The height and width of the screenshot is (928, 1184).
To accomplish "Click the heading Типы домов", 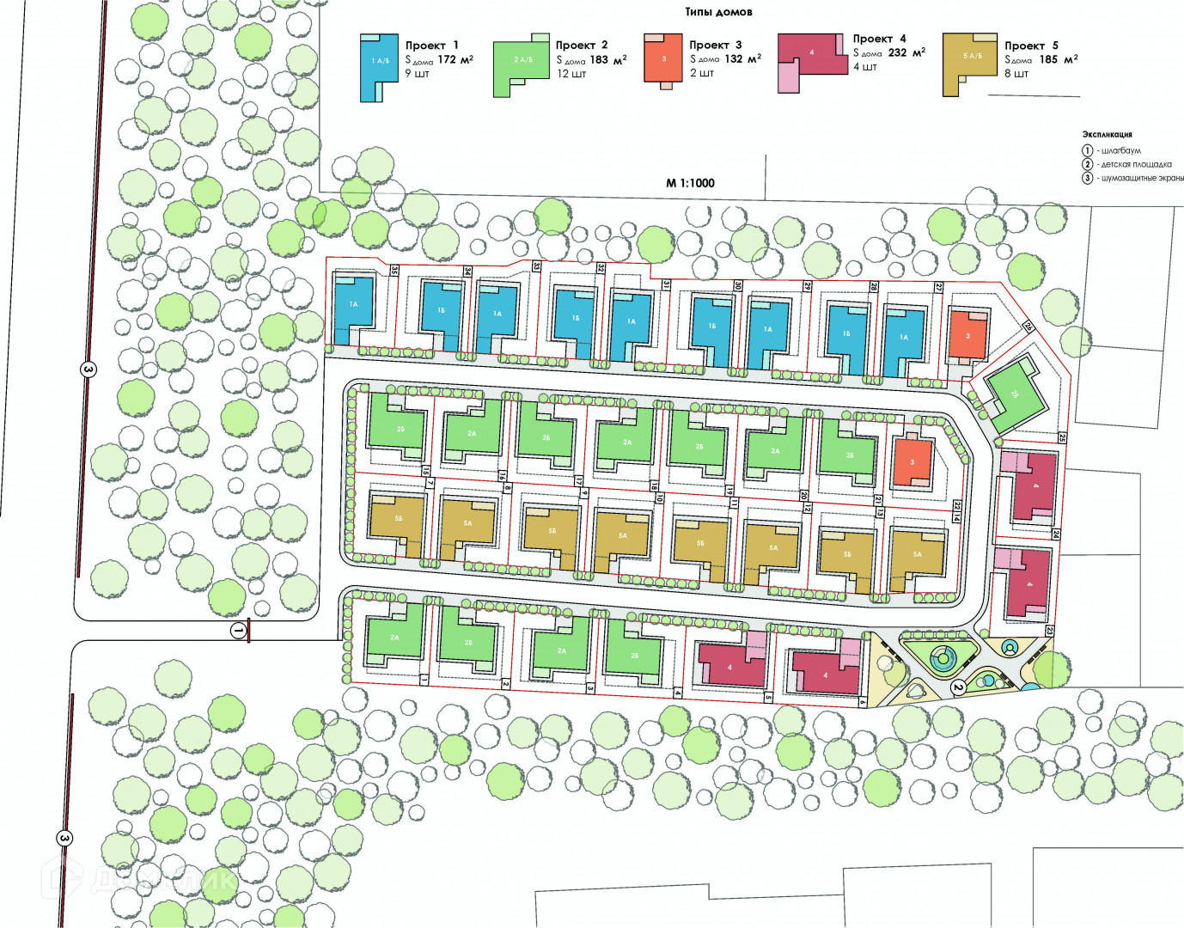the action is pos(718,12).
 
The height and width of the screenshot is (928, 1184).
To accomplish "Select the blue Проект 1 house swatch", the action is pos(380,67).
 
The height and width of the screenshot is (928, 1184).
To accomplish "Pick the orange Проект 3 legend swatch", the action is pos(663,58).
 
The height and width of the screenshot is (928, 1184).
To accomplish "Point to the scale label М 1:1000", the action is pos(690,183).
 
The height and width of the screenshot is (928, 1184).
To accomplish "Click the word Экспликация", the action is pos(1107,135).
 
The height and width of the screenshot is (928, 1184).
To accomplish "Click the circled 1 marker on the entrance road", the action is pos(238,632).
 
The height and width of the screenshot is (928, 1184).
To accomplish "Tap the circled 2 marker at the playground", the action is pos(957,687).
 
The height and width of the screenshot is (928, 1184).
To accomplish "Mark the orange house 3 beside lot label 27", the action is pos(967,336).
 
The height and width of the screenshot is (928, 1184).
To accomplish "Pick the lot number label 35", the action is pos(394,270).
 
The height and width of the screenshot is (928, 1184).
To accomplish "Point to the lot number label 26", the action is pos(1028,327).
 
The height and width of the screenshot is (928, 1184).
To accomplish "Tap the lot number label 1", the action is pos(424,679).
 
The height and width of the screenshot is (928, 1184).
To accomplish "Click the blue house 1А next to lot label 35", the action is pos(353,303).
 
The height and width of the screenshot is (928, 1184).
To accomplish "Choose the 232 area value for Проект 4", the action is pos(897,52).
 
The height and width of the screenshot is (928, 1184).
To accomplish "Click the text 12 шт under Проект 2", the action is pos(571,74).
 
